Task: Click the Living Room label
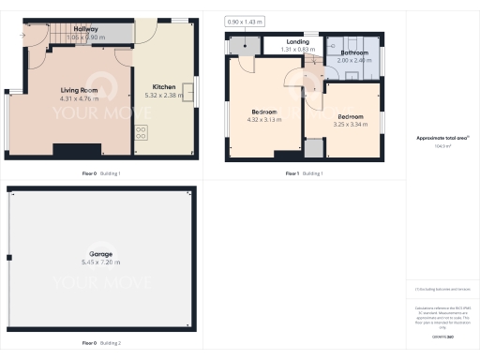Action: pyautogui.click(x=66, y=90)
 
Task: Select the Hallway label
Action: pyautogui.click(x=85, y=29)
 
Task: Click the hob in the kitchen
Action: pyautogui.click(x=141, y=130)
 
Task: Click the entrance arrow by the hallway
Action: pyautogui.click(x=21, y=35)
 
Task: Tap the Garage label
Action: pyautogui.click(x=100, y=254)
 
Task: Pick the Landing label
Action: pyautogui.click(x=298, y=41)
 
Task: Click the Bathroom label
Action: pyautogui.click(x=353, y=52)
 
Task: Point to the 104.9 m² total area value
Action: pyautogui.click(x=442, y=146)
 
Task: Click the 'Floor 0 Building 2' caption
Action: pyautogui.click(x=100, y=342)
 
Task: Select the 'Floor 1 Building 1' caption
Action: pyautogui.click(x=306, y=173)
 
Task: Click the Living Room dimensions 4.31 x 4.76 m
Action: pyautogui.click(x=66, y=97)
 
